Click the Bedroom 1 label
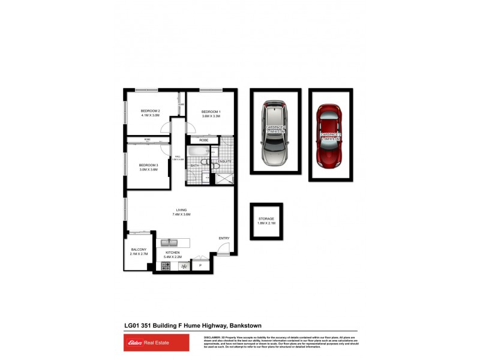click(211, 112)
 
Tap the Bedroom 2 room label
click(150, 111)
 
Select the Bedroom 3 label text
click(148, 165)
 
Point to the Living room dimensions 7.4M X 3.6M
click(181, 214)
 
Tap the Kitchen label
click(173, 253)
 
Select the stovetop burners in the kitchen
click(166, 266)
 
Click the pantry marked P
click(200, 265)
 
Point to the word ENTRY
click(224, 238)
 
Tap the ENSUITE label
click(225, 161)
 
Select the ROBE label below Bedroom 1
click(204, 140)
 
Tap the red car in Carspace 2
click(329, 136)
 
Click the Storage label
click(266, 219)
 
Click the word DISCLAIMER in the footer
click(214, 337)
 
